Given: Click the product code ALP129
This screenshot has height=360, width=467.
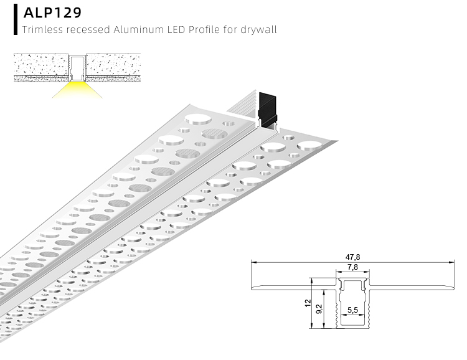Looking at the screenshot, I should [52, 12].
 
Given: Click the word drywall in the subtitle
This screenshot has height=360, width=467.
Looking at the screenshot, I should [258, 29].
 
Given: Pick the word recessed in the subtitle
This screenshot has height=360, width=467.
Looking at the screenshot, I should [85, 29].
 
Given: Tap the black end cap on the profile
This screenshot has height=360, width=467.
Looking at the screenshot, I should [268, 109].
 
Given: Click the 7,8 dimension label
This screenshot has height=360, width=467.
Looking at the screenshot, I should [352, 268].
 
